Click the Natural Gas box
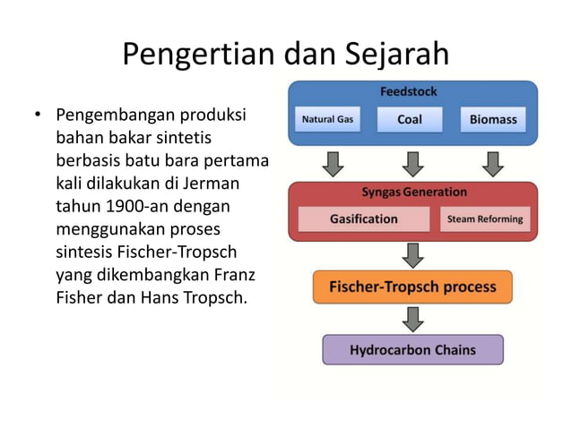click(x=327, y=120)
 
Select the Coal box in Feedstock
click(x=409, y=120)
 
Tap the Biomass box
click(x=492, y=120)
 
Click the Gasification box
click(x=363, y=218)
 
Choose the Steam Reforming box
click(x=484, y=218)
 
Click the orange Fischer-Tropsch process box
click(x=412, y=287)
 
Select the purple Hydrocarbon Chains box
click(x=412, y=349)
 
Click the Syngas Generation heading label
click(x=413, y=192)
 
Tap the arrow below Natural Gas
click(x=333, y=163)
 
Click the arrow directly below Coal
click(x=412, y=163)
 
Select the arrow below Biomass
click(x=492, y=163)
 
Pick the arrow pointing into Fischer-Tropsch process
click(x=412, y=255)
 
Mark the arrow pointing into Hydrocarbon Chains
click(x=412, y=319)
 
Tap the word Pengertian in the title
click(x=188, y=55)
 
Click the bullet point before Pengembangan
click(x=38, y=116)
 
